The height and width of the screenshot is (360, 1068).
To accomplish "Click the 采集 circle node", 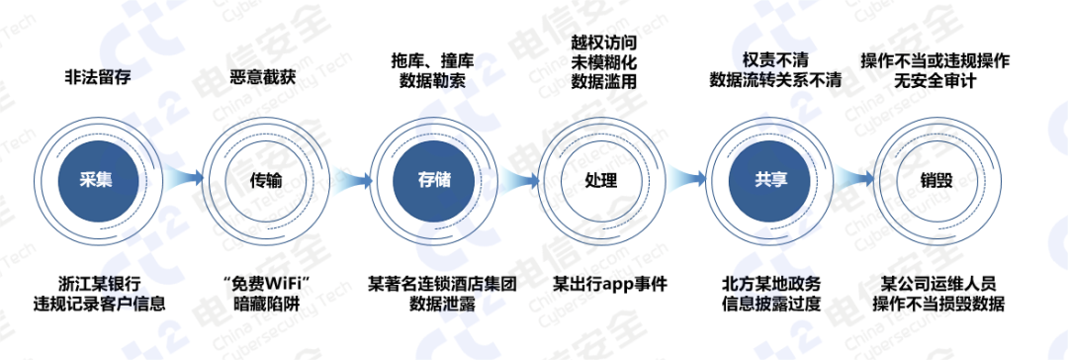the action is (97, 180).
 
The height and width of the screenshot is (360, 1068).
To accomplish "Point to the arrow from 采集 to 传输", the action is (181, 180).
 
